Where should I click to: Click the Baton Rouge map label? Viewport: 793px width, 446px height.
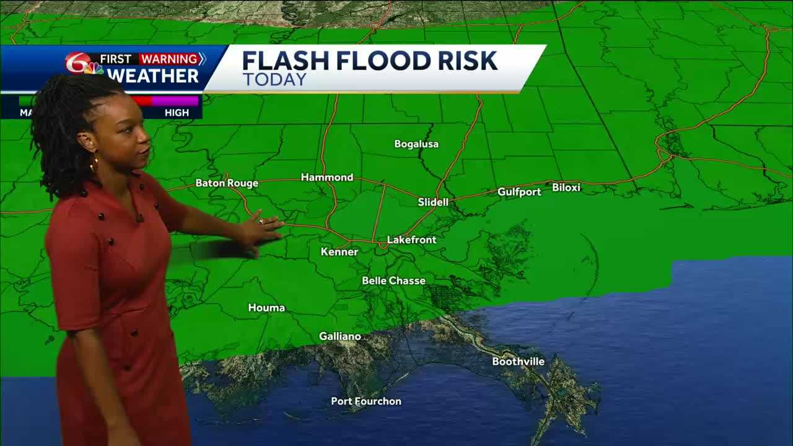pos(227,183)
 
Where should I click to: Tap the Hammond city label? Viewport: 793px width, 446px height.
pos(326,177)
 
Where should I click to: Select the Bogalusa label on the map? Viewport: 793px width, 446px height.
pos(416,144)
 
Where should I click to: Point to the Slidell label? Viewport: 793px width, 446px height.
pos(433,202)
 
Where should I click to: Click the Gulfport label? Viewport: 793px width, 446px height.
pos(519,192)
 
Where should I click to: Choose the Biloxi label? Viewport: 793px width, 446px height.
pos(566,187)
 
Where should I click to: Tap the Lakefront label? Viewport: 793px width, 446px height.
pos(411,240)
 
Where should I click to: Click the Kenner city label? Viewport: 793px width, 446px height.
pos(340,251)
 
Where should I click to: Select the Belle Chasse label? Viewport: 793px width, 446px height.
pos(393,281)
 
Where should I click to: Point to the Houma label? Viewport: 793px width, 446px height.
pos(266,307)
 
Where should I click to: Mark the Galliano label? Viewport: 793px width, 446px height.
pos(340,336)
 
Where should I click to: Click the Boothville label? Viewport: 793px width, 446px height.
pos(518,361)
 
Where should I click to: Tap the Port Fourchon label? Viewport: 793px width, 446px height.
pos(366,401)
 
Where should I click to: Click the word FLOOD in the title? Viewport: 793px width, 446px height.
pos(377,61)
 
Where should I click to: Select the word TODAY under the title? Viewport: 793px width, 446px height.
pos(274,80)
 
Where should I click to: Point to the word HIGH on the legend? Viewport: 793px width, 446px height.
pos(177,112)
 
